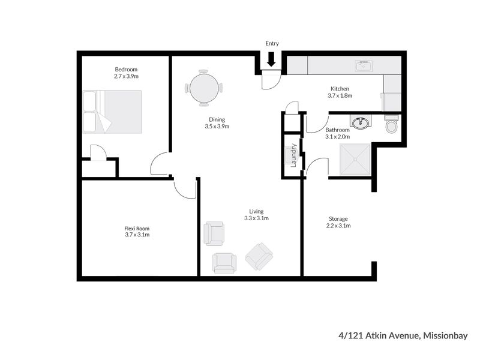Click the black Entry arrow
click(271, 59)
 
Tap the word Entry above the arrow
click(272, 43)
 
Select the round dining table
click(204, 88)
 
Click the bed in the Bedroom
click(113, 112)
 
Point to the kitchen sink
click(364, 65)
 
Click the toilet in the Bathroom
click(392, 124)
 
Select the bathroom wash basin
click(360, 123)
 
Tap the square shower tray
click(355, 160)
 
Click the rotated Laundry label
click(293, 155)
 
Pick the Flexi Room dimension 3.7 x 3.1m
click(137, 235)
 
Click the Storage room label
click(338, 219)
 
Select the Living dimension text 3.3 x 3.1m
click(256, 218)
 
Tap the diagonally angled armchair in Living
click(259, 257)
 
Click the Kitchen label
click(340, 89)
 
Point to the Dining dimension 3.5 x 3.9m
click(217, 126)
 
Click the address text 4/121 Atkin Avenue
click(379, 336)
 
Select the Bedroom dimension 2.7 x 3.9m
click(126, 76)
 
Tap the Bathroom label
click(337, 130)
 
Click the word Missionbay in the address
click(445, 336)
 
